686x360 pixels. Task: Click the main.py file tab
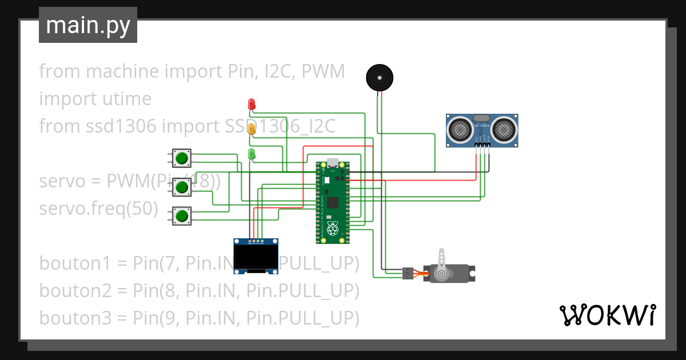click(x=87, y=25)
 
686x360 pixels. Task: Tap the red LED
click(x=252, y=104)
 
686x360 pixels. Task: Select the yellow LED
click(x=252, y=129)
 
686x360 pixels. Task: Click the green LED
click(x=252, y=154)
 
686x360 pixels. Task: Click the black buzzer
click(x=380, y=77)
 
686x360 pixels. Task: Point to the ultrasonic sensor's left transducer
click(x=460, y=129)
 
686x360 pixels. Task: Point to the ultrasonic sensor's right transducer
click(x=504, y=129)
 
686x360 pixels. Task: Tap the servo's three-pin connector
click(x=408, y=273)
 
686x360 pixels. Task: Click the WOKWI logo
click(x=607, y=315)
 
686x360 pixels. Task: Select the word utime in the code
click(x=123, y=99)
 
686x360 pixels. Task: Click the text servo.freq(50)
click(x=98, y=209)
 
